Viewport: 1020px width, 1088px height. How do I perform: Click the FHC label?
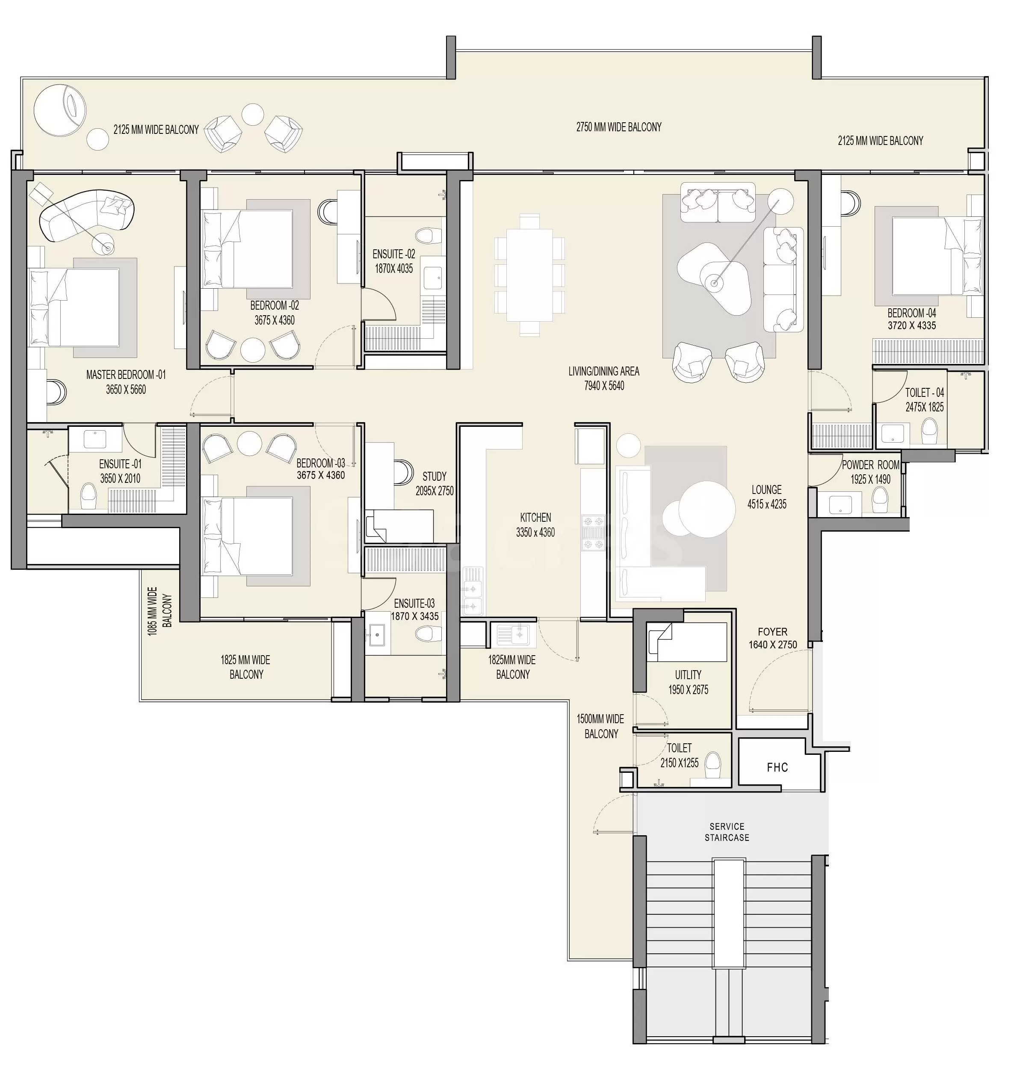pos(777,767)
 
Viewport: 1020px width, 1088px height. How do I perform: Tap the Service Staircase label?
pos(727,832)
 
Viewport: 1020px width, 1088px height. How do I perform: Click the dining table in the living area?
pos(530,275)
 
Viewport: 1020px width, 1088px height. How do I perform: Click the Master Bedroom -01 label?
pos(126,375)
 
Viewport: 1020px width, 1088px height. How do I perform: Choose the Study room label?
pos(435,476)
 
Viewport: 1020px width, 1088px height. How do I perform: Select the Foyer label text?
pos(773,632)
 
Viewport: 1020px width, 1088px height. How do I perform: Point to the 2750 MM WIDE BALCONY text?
pos(619,127)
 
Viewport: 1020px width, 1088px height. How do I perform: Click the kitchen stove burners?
pos(593,532)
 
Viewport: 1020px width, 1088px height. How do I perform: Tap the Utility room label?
pos(688,675)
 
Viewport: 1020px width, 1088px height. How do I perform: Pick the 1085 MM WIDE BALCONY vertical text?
pos(160,611)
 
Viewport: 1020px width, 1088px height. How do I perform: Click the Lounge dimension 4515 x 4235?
pos(767,504)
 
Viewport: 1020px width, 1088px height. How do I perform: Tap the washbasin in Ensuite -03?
pos(376,635)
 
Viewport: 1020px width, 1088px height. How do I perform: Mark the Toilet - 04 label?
pos(924,393)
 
